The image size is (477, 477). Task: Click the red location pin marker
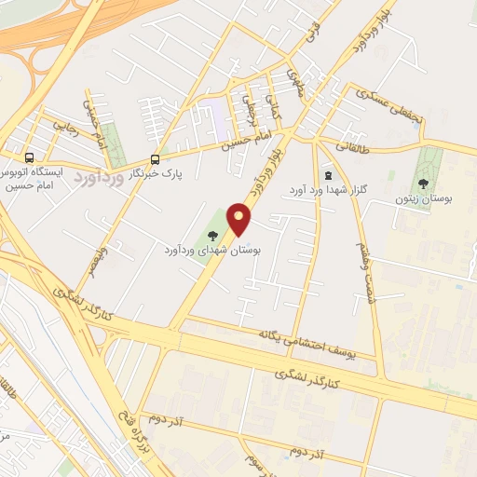(x=240, y=220)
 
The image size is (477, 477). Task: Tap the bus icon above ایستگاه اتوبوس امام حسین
(x=30, y=157)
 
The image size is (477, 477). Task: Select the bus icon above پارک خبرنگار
(x=155, y=157)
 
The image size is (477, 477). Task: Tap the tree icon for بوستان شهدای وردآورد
(x=212, y=234)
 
